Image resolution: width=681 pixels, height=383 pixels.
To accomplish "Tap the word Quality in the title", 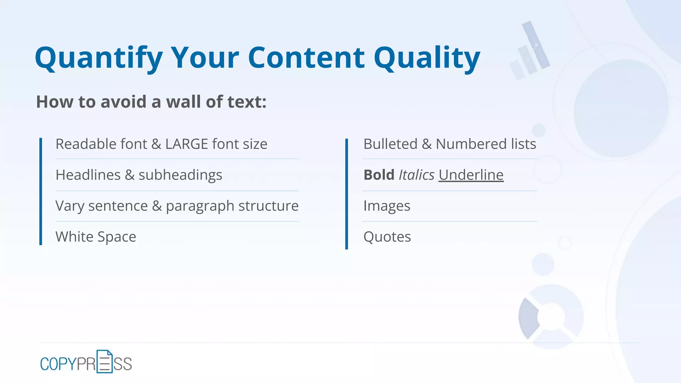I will coord(427,59).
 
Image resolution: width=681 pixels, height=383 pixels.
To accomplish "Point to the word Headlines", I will coord(88,175).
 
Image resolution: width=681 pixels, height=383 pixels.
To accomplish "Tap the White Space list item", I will coord(96,237).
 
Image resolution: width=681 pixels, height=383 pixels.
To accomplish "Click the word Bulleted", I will coord(390,144).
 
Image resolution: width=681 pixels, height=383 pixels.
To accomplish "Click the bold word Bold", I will coord(379,175).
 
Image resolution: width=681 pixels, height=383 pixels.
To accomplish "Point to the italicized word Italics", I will coord(416,175).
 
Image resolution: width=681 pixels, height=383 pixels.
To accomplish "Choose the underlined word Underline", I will coord(471,175).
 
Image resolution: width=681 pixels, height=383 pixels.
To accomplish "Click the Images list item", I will coord(387,206).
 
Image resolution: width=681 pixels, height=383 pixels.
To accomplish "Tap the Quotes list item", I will coord(387,237).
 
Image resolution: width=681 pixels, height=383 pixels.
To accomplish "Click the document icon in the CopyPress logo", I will coord(104,361).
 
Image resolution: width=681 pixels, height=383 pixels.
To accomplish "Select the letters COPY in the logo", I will coord(58,364).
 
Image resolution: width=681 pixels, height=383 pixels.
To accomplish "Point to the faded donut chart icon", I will coord(551,317).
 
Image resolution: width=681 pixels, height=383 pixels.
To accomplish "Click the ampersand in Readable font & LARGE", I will coord(156,144).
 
